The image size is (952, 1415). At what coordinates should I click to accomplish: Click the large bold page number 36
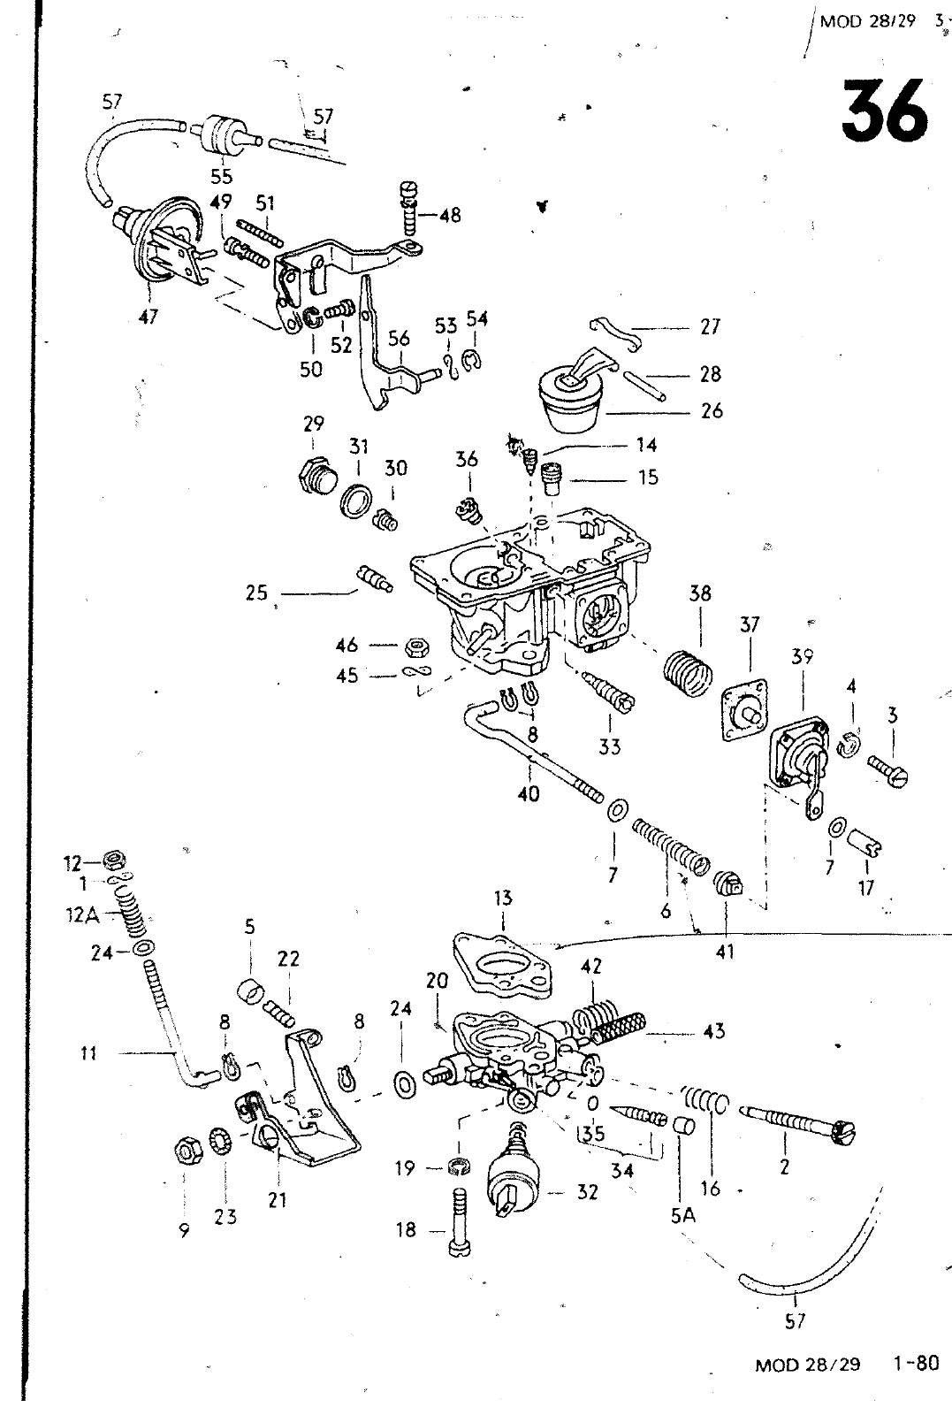point(885,112)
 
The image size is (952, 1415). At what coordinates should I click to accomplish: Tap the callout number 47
point(149,316)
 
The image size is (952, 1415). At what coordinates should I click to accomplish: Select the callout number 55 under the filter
point(221,176)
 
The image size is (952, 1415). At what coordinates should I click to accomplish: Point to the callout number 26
point(711,410)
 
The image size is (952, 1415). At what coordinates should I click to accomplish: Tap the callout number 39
point(803,656)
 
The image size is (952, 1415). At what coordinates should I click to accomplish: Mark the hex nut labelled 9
point(187,1151)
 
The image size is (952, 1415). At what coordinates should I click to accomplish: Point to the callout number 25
point(256,593)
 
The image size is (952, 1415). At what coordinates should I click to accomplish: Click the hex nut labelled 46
point(412,646)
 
